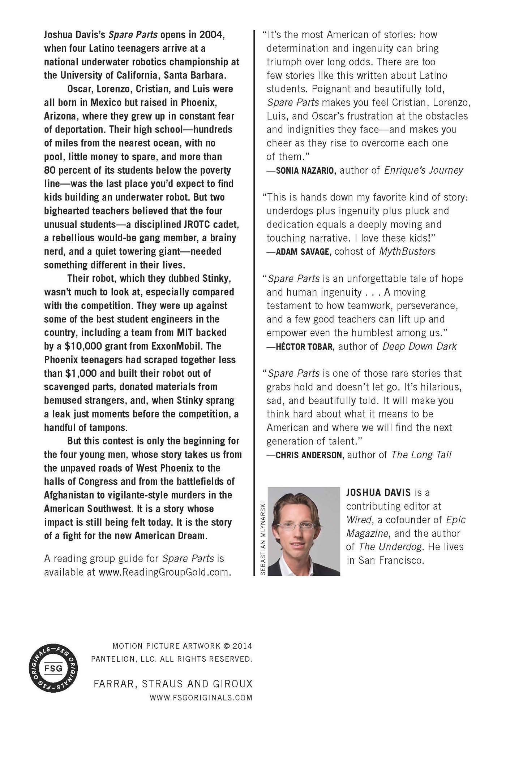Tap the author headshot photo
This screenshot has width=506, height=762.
click(304, 531)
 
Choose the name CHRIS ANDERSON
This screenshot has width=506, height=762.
click(309, 455)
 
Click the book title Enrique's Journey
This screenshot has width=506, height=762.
click(423, 170)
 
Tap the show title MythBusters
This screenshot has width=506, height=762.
click(407, 251)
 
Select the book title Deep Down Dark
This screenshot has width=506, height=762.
click(420, 347)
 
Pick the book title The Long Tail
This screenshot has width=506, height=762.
click(421, 455)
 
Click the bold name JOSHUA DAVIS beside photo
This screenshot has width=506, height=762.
click(378, 492)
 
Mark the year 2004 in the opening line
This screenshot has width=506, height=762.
click(213, 35)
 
